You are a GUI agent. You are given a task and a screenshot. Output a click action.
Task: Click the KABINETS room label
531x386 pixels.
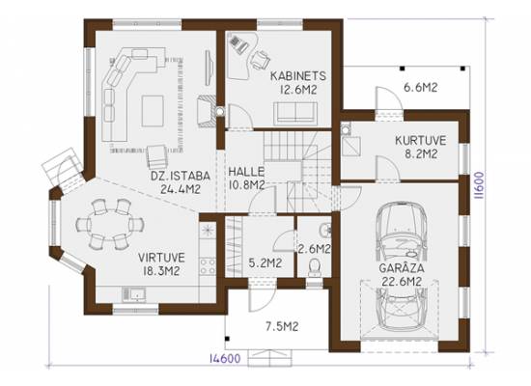tap(298, 76)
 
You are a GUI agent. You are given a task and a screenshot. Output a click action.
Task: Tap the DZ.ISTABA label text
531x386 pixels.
tap(181, 176)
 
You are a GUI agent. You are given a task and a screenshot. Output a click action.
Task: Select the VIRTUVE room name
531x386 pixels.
tap(161, 258)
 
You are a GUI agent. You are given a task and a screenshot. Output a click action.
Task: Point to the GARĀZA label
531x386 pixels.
tap(402, 268)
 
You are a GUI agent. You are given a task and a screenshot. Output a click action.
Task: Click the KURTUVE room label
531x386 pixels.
tap(421, 140)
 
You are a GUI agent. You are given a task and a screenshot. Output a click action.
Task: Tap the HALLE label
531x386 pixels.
tap(246, 172)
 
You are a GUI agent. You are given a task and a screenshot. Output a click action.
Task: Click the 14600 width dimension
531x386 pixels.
tap(225, 359)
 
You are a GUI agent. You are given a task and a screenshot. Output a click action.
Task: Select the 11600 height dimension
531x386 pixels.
tap(479, 185)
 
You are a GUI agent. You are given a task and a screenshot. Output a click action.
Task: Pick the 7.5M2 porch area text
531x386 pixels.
tap(282, 327)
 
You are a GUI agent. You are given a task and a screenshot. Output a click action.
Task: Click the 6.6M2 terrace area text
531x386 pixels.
tap(421, 88)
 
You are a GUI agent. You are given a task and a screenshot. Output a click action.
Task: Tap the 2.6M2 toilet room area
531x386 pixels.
tap(315, 249)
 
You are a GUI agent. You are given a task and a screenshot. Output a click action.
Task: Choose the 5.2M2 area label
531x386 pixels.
tap(265, 263)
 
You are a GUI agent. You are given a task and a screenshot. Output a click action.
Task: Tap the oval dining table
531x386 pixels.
tap(110, 224)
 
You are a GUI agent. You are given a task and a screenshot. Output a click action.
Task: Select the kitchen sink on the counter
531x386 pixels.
tap(134, 294)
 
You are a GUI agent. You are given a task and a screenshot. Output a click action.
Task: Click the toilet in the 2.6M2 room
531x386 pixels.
tap(315, 267)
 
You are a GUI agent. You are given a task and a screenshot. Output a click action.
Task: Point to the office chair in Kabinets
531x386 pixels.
tap(260, 60)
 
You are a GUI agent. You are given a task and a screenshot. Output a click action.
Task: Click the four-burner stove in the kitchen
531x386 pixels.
tap(208, 266)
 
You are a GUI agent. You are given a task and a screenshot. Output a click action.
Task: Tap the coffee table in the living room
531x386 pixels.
tap(153, 111)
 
